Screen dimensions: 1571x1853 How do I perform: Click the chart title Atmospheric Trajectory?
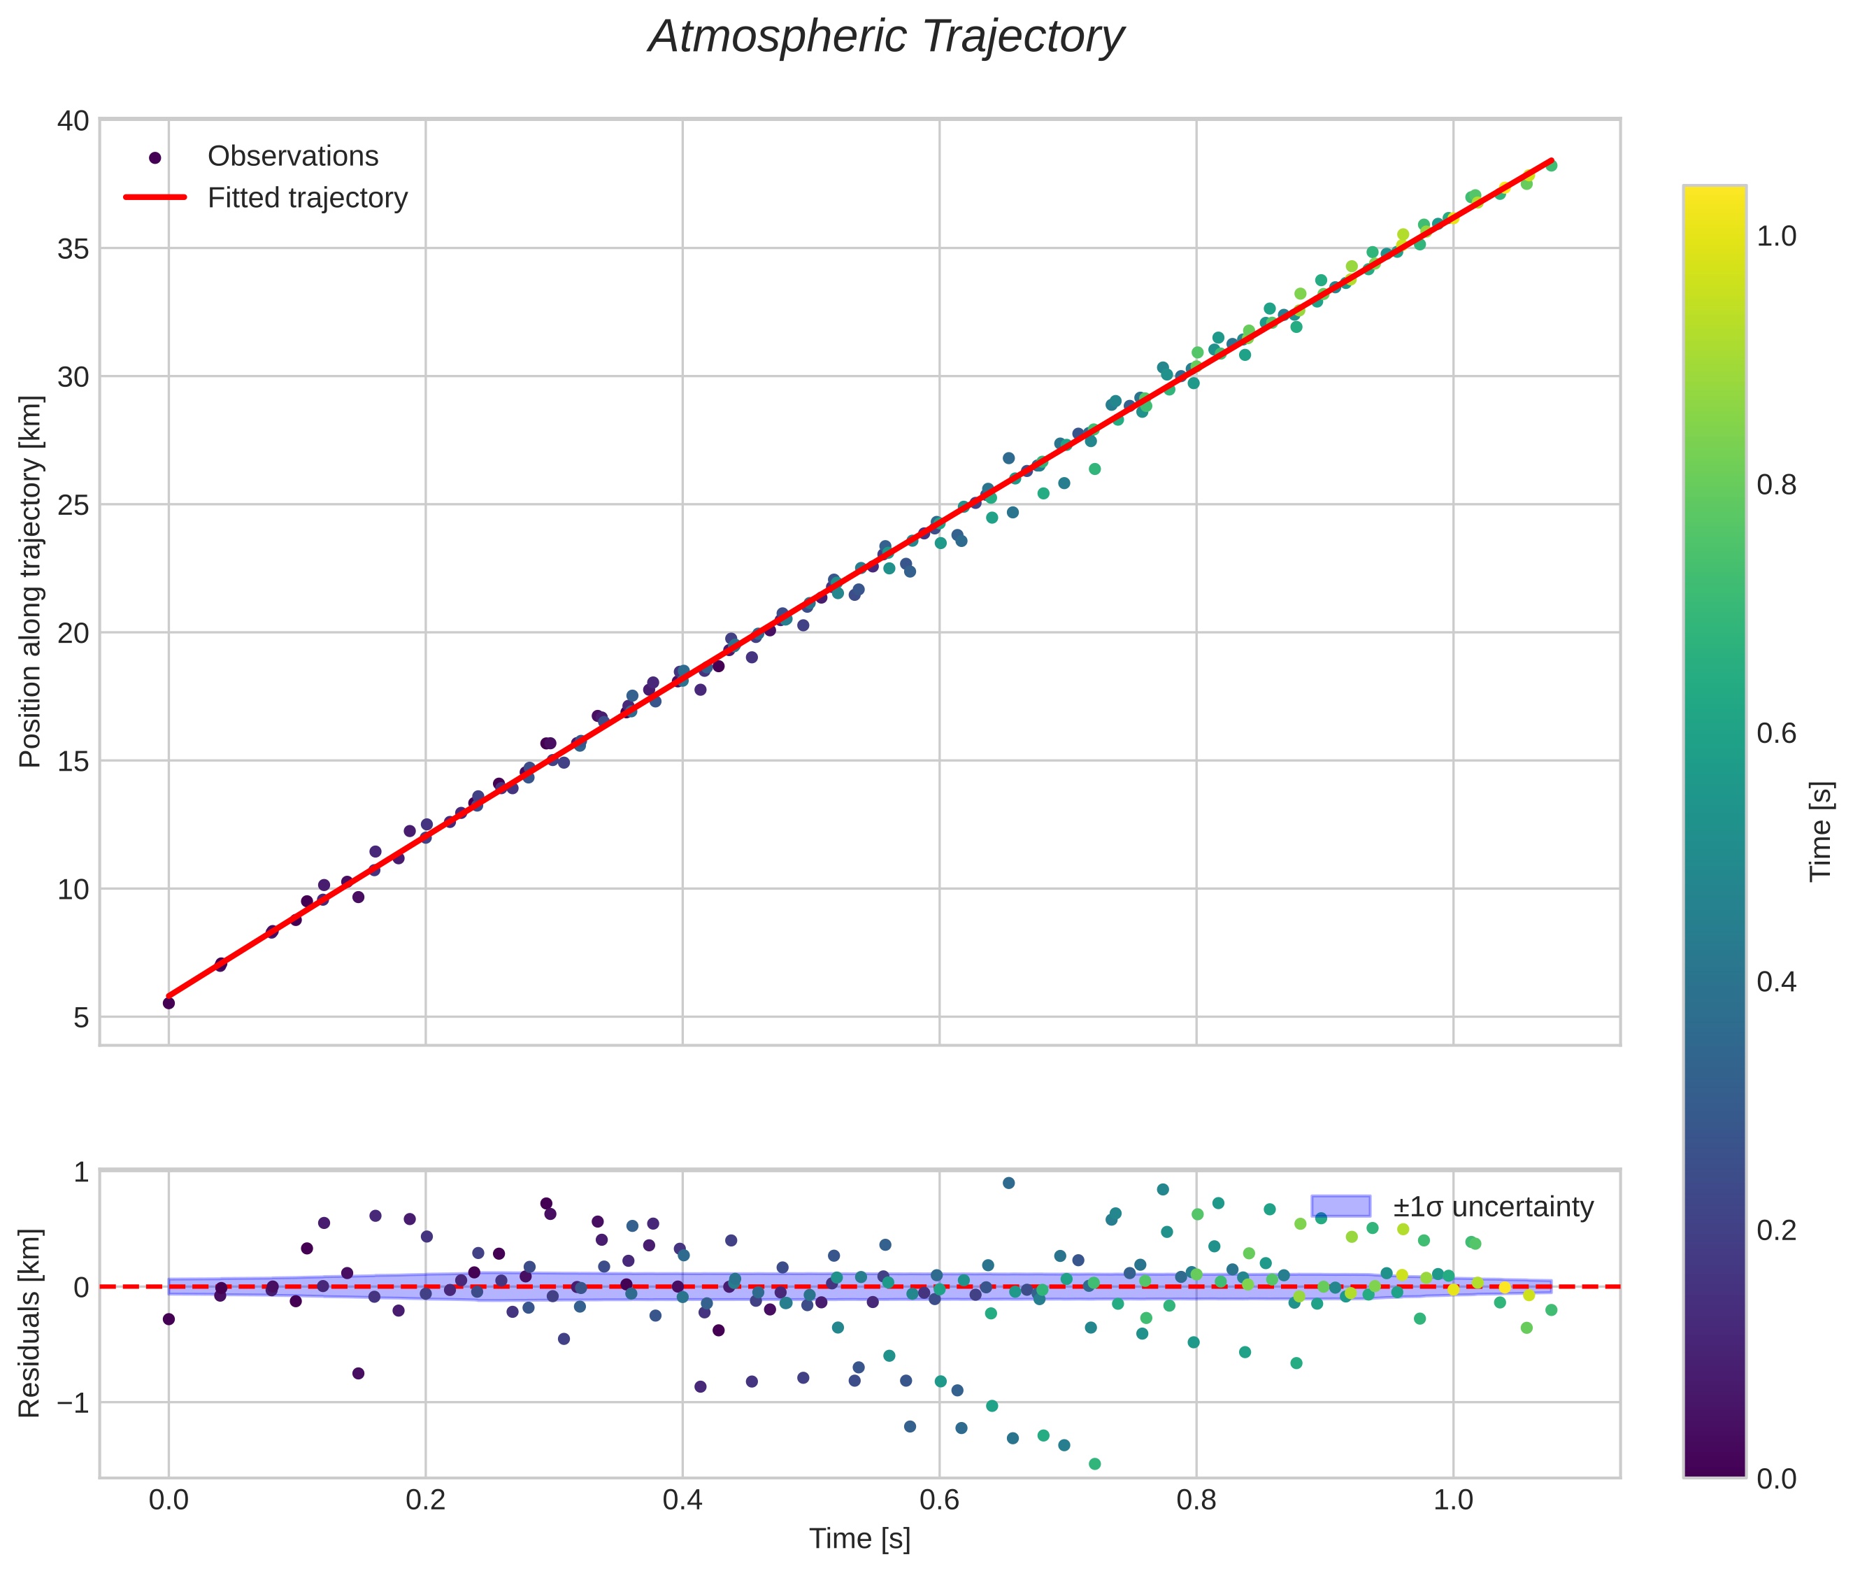(x=886, y=37)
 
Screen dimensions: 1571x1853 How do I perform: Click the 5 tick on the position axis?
(x=81, y=1017)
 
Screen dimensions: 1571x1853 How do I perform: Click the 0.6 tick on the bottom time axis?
(x=939, y=1500)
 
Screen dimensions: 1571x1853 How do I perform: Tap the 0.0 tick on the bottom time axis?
(x=169, y=1500)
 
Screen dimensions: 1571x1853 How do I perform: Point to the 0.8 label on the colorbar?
(x=1776, y=485)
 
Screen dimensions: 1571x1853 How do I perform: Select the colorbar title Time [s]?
(x=1821, y=832)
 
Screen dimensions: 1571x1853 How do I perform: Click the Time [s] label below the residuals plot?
(x=859, y=1539)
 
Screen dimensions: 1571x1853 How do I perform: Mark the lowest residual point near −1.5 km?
(x=1094, y=1464)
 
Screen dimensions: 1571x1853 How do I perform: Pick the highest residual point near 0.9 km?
(x=1008, y=1183)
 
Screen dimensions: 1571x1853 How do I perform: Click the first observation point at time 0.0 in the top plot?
(x=169, y=1003)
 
